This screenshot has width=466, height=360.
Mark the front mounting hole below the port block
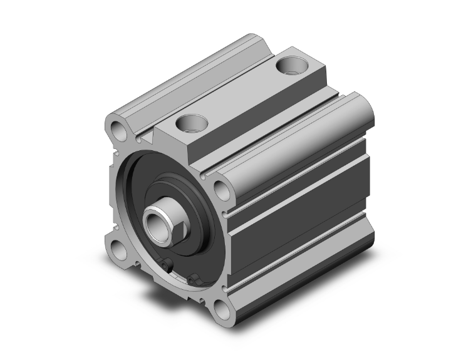(221, 188)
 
